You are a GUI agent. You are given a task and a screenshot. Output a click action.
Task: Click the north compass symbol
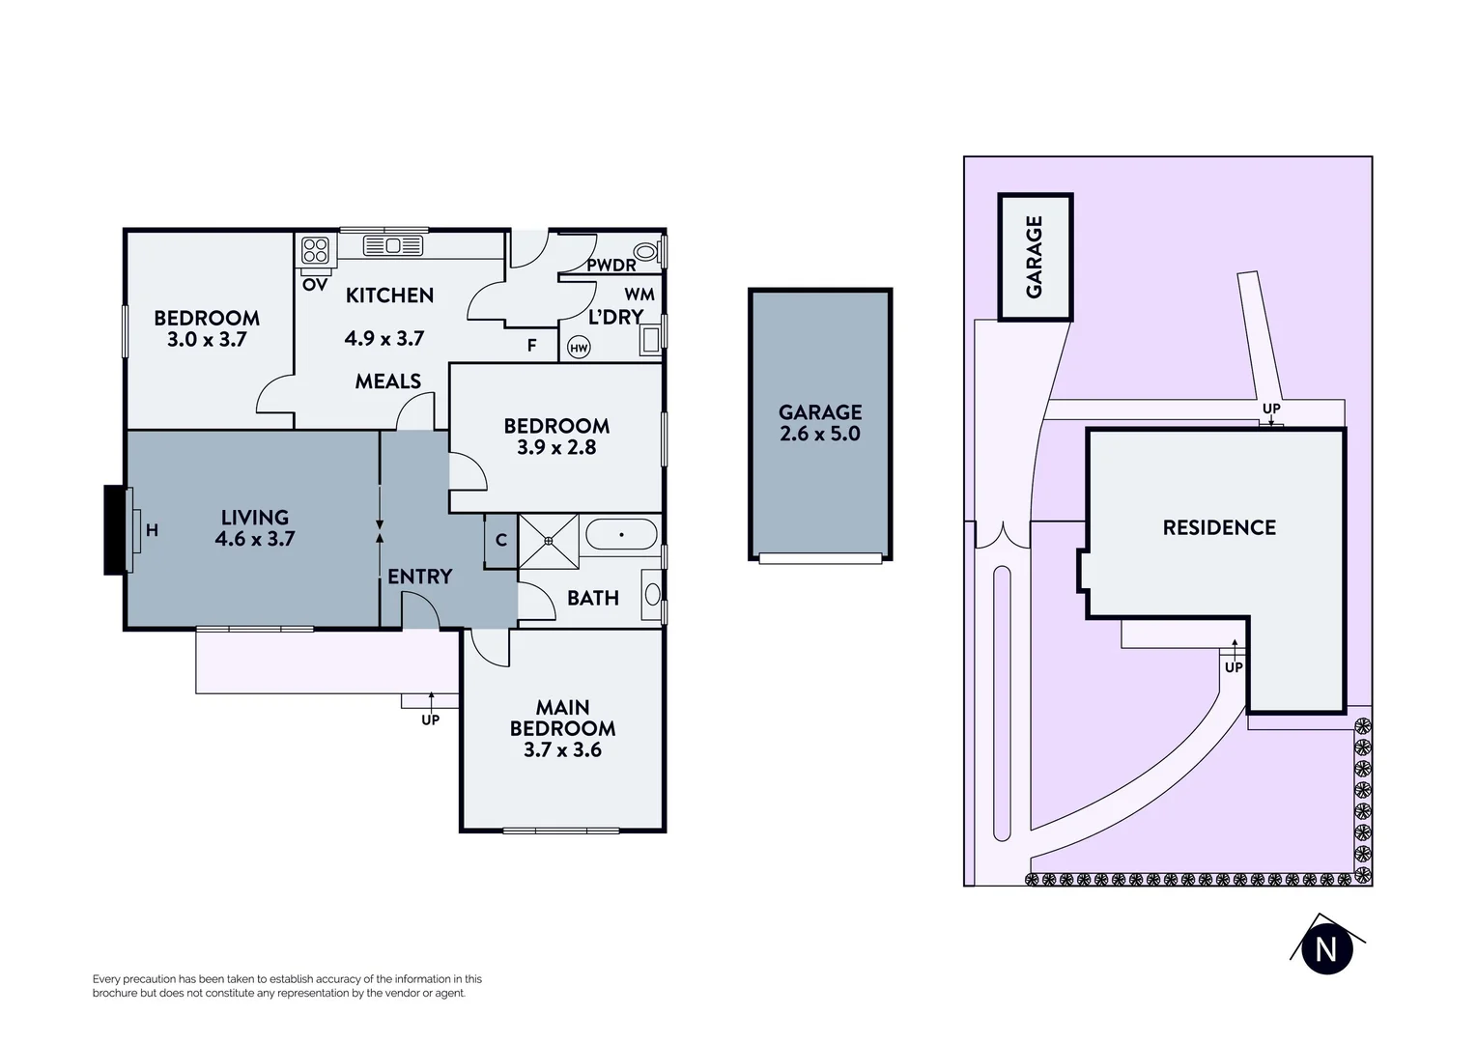click(x=1326, y=948)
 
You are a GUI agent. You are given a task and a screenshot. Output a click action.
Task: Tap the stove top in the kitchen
click(x=316, y=251)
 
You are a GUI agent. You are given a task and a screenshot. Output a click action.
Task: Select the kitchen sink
click(x=393, y=246)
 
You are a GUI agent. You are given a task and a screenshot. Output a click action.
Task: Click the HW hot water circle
click(x=579, y=348)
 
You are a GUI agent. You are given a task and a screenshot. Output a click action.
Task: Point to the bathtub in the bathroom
click(x=621, y=534)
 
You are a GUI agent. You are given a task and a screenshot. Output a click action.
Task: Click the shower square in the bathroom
click(x=549, y=542)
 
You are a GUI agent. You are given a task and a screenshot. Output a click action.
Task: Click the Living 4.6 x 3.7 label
click(x=255, y=528)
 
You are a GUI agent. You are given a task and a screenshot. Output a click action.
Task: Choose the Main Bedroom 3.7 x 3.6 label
click(x=562, y=728)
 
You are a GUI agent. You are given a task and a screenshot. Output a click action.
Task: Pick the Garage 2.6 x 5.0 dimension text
click(x=820, y=434)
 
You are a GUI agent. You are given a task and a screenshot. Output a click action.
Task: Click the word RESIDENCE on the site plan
click(x=1219, y=527)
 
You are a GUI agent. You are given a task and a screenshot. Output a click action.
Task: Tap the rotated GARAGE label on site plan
click(x=1035, y=257)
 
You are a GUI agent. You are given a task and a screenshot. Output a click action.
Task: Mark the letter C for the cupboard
click(x=501, y=540)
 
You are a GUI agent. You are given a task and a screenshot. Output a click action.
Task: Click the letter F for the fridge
click(x=531, y=345)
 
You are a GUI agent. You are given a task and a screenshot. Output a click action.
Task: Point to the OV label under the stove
click(x=315, y=285)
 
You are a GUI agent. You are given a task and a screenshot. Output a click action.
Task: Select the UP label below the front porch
click(x=430, y=719)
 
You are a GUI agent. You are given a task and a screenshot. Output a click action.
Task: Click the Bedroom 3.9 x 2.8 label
click(x=556, y=437)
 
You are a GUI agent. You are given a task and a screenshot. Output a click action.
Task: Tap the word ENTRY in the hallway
click(x=419, y=577)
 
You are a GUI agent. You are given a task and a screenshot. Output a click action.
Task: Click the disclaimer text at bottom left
click(x=287, y=986)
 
